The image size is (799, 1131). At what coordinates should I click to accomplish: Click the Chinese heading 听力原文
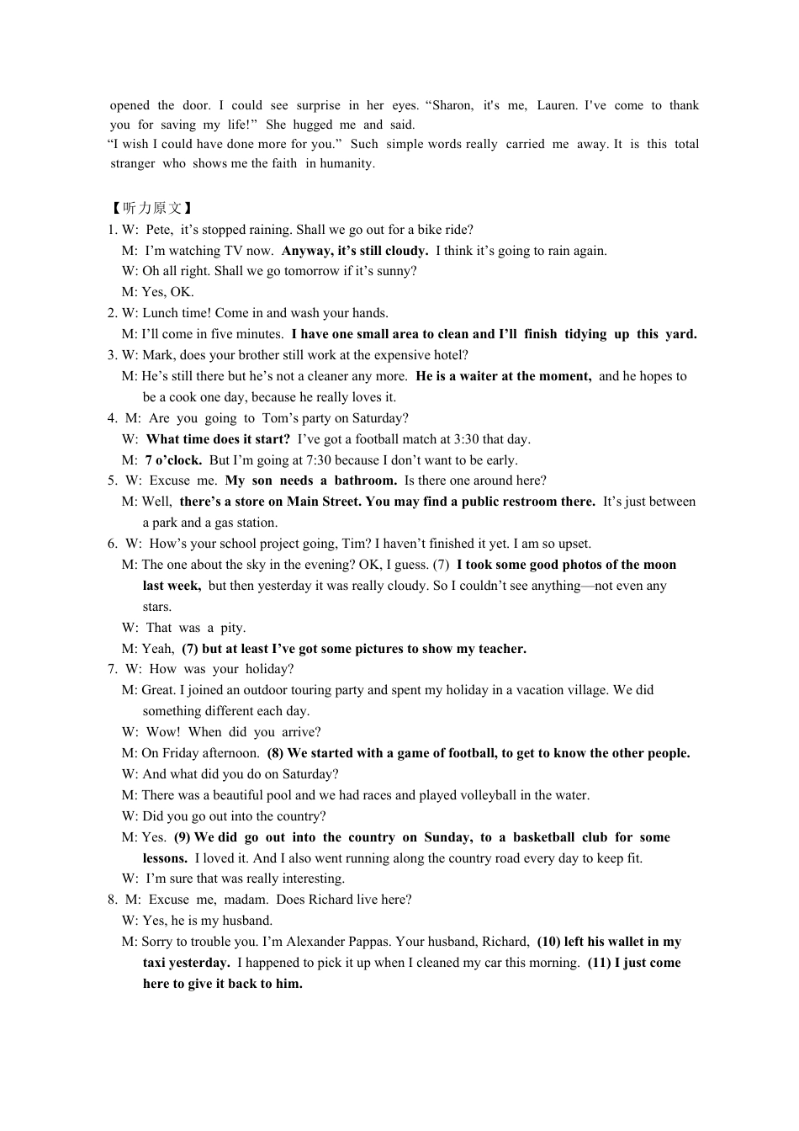(x=152, y=208)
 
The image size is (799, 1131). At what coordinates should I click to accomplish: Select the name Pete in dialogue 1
(x=159, y=230)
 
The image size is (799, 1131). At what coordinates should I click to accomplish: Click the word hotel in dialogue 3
(x=450, y=355)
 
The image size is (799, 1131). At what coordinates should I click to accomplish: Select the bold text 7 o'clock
(x=173, y=460)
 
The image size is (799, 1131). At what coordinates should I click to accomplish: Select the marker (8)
(x=276, y=753)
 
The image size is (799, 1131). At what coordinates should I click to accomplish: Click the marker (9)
(x=183, y=837)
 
